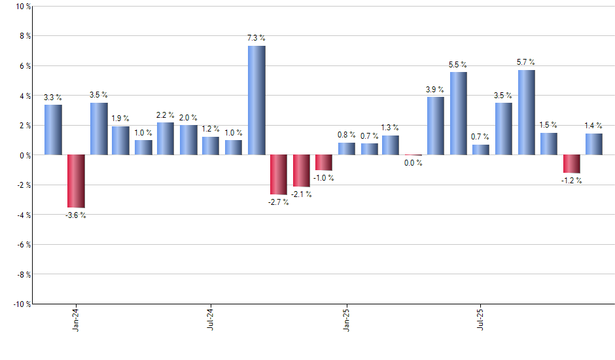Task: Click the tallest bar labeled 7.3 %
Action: point(256,100)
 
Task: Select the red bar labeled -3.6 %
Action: point(76,181)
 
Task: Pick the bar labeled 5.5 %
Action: point(459,114)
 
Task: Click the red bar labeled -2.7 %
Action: point(279,175)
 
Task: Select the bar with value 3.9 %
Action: point(436,126)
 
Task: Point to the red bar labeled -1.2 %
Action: point(572,164)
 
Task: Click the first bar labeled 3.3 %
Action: point(53,130)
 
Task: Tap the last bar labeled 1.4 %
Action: point(594,145)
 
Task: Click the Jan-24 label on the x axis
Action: point(76,318)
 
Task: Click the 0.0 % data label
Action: point(413,163)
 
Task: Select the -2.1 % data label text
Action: point(301,194)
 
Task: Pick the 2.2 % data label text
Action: point(166,115)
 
